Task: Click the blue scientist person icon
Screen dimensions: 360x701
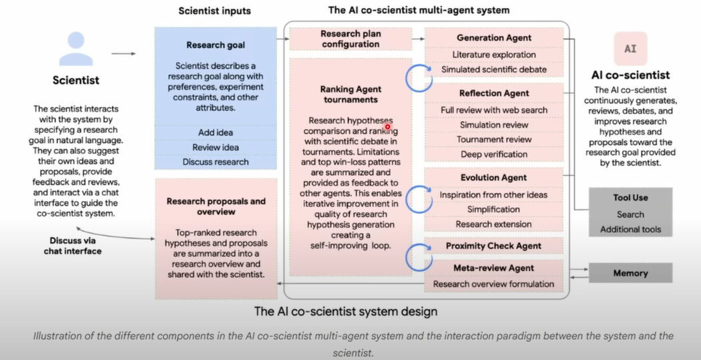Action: [x=76, y=49]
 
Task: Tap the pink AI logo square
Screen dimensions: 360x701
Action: [x=630, y=49]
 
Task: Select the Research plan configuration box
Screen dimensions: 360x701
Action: [x=350, y=39]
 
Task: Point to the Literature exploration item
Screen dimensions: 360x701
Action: [x=494, y=55]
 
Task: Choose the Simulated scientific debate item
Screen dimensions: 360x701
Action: [x=494, y=69]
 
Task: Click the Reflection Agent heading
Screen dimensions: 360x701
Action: [x=494, y=94]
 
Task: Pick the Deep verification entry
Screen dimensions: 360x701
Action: [x=494, y=154]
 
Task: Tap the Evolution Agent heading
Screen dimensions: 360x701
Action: [x=493, y=178]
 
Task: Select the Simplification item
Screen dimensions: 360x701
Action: [x=493, y=210]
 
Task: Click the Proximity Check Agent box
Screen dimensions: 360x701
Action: [x=493, y=246]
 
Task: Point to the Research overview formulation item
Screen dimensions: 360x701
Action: [x=493, y=284]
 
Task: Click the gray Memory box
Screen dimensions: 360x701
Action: [x=630, y=273]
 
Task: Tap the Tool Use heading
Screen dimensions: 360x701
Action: [x=630, y=198]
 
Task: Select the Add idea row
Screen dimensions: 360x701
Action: [x=216, y=133]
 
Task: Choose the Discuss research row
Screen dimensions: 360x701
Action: [x=216, y=162]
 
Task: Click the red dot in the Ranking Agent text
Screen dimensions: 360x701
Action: [x=387, y=126]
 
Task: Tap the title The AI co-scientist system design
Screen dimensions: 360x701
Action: [x=346, y=311]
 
